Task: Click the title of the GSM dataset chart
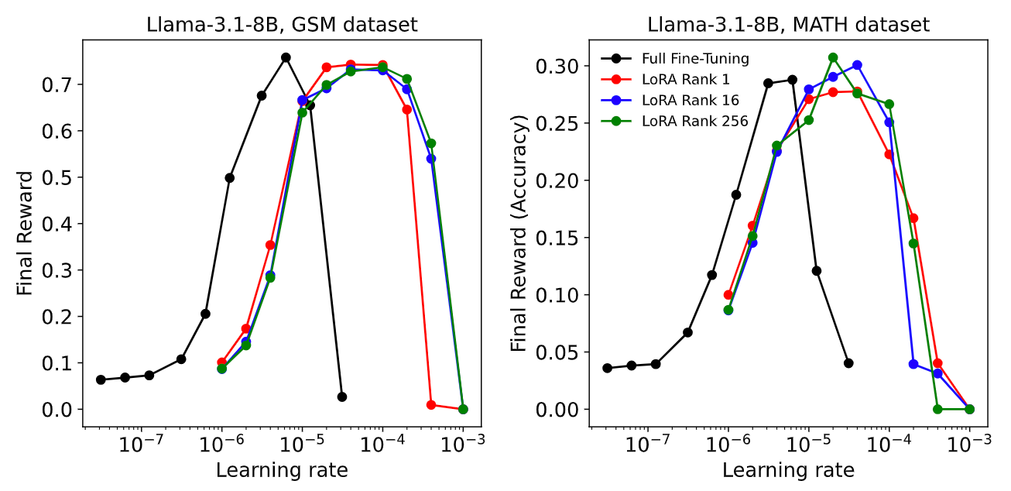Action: point(282,25)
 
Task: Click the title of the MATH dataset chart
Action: point(788,25)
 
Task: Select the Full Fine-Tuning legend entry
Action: point(695,58)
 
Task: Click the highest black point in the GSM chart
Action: point(286,57)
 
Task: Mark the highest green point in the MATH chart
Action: point(833,57)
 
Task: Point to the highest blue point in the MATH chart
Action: point(857,65)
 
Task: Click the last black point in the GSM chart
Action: point(342,397)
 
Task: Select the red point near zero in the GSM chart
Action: point(431,405)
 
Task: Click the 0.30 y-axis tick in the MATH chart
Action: point(561,67)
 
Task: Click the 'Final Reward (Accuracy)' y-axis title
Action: point(520,232)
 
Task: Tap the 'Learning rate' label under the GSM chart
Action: point(282,470)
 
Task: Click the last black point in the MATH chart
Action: point(848,363)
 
